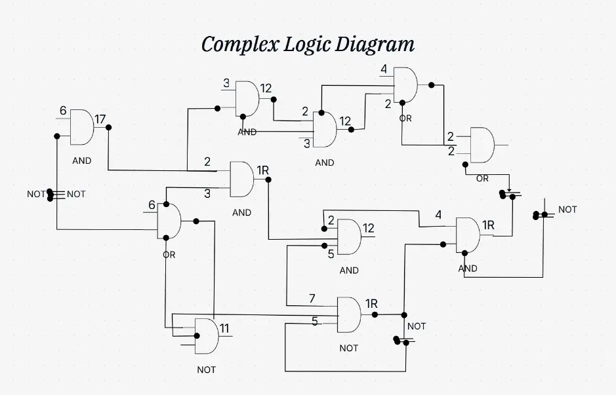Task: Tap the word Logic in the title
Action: [307, 45]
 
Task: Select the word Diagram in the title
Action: [375, 45]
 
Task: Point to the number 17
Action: [100, 119]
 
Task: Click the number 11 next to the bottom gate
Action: [224, 329]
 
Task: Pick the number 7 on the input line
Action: [312, 299]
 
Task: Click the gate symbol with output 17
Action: [81, 127]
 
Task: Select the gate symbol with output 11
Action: [206, 335]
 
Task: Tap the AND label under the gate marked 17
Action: [82, 160]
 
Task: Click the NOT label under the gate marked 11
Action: [206, 370]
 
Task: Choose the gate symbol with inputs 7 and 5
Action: [348, 314]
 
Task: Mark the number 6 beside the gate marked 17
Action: [63, 111]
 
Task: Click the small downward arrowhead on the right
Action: [508, 189]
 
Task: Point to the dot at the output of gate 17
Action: [108, 127]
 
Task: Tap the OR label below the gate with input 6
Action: [169, 255]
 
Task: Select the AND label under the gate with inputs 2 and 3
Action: [241, 213]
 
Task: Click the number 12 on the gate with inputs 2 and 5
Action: [369, 228]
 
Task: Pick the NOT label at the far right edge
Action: [567, 210]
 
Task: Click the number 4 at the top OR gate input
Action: [384, 69]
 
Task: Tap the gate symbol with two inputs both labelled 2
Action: [482, 145]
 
